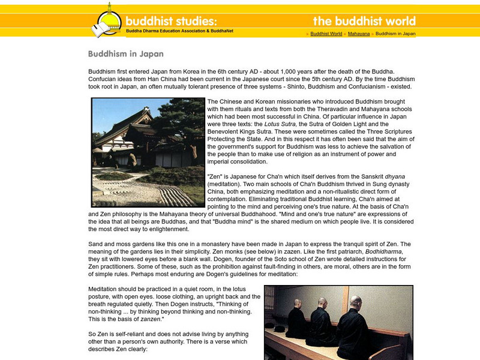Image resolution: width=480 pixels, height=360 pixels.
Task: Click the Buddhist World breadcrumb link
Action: pos(326,34)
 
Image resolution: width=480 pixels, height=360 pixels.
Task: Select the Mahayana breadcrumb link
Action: pos(358,34)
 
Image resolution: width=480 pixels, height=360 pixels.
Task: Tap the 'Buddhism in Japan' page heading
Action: pos(125,54)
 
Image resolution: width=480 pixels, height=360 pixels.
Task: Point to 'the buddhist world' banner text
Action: pos(364,21)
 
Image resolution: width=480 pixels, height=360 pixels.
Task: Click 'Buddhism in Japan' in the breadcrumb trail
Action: pos(395,34)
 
